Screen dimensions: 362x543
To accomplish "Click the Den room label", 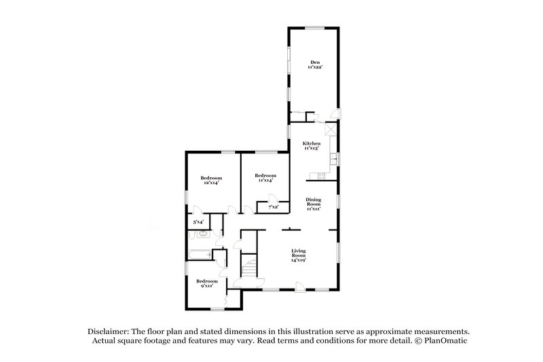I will click(x=314, y=65).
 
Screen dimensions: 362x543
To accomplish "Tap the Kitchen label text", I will click(x=312, y=145).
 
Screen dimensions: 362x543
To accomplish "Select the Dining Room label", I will click(x=313, y=202).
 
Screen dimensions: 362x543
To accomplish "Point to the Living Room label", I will click(x=299, y=255).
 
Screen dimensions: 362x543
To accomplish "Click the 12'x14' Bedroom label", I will click(x=210, y=180).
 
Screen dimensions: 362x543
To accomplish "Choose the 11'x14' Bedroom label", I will click(x=265, y=178).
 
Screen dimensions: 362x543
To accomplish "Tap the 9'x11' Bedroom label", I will click(x=206, y=283).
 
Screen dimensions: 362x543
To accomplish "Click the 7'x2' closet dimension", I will click(x=274, y=206).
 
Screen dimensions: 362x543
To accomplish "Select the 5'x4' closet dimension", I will click(x=199, y=221).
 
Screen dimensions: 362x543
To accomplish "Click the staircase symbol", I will click(x=251, y=266).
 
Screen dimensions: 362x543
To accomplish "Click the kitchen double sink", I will click(x=333, y=160).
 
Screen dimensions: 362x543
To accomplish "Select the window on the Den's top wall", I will click(x=314, y=28).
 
